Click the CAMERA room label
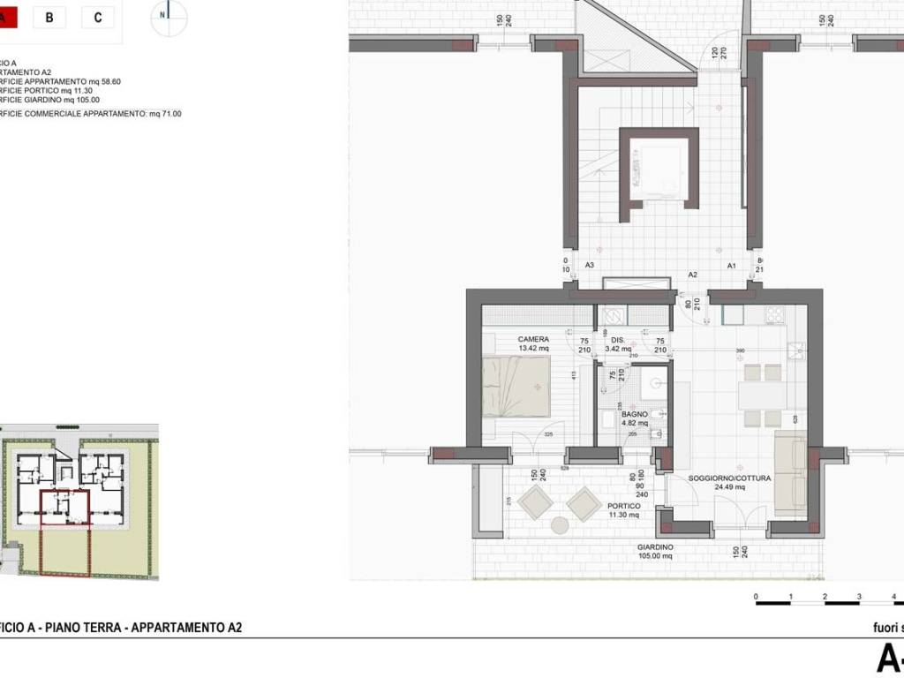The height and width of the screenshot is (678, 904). click(x=533, y=339)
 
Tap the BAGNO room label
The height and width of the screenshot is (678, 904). click(x=634, y=413)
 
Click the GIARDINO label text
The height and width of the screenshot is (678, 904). click(x=655, y=547)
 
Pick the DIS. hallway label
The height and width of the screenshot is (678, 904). click(x=618, y=340)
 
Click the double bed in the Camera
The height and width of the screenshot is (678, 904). click(x=516, y=386)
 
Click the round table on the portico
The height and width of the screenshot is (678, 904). click(x=560, y=525)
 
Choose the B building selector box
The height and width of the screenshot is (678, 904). click(x=49, y=17)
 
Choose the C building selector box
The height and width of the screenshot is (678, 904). click(x=97, y=17)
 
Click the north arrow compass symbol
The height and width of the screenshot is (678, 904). click(x=168, y=18)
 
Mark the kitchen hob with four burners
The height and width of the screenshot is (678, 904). click(x=775, y=314)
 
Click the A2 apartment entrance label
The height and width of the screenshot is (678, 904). click(x=693, y=275)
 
